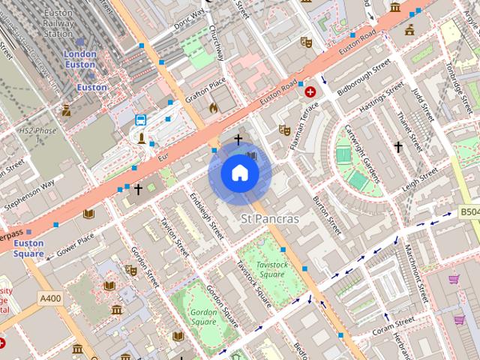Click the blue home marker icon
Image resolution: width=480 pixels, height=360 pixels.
[x=239, y=173]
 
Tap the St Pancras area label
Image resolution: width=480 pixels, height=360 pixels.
[x=269, y=219]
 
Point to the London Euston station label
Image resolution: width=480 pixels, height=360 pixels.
[x=80, y=59]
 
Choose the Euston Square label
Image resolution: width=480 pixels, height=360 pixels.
[x=28, y=248]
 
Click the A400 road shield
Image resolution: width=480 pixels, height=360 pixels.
[x=50, y=298]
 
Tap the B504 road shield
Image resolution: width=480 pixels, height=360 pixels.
[x=469, y=212]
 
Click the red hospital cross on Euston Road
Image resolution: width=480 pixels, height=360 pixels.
[x=310, y=91]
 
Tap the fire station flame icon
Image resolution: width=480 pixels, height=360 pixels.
[x=213, y=107]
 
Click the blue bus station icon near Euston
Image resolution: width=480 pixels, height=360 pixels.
[x=140, y=120]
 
